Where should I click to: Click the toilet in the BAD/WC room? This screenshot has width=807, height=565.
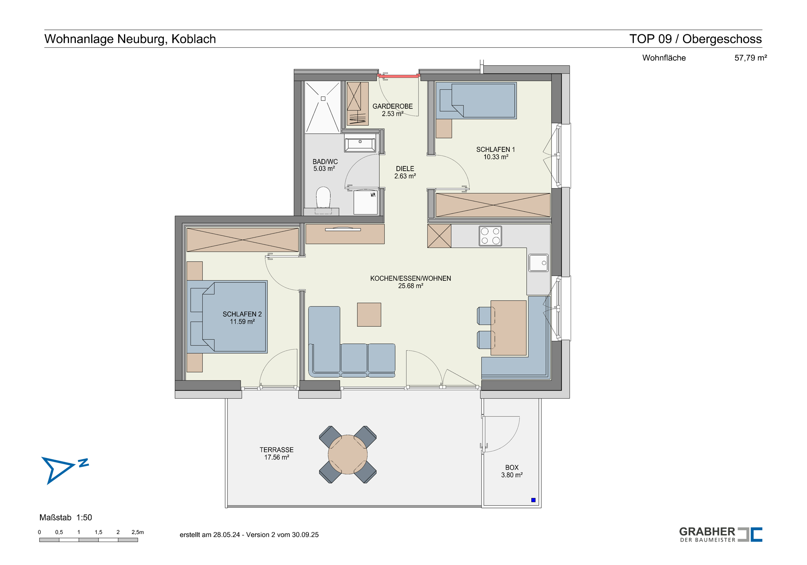coord(323,198)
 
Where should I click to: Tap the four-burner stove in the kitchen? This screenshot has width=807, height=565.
coord(490,236)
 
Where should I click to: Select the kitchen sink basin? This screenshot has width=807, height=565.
coord(538,263)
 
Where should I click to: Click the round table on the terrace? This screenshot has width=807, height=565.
coord(348,454)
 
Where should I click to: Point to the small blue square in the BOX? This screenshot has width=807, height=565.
coord(533,500)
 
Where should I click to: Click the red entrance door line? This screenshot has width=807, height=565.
coord(399,76)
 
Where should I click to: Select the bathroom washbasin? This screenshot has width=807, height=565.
coord(360,143)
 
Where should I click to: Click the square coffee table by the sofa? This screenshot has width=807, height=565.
coord(369,315)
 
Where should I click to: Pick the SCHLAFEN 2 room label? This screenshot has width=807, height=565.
coord(242,318)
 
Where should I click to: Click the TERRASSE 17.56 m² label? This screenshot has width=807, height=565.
coord(277,454)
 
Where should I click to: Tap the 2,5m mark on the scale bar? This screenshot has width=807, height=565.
coord(138,532)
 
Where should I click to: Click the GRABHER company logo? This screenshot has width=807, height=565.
coord(721,535)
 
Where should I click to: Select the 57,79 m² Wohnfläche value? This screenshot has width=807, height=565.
coord(750,58)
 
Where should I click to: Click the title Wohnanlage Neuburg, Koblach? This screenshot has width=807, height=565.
coord(130,39)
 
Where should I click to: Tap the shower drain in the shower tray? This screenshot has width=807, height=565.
coord(323,99)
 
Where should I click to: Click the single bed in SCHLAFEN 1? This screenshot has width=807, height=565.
coord(476,101)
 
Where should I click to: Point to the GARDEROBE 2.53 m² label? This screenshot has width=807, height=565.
coord(392,110)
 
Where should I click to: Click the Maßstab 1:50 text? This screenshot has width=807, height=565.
coord(66,517)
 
